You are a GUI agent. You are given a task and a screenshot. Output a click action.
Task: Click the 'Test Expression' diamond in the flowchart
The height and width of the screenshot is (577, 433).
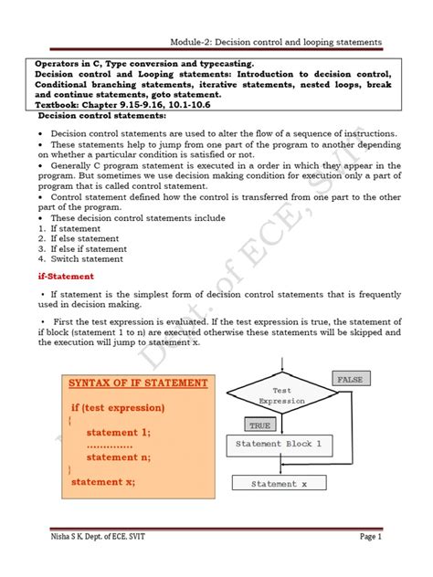click(281, 395)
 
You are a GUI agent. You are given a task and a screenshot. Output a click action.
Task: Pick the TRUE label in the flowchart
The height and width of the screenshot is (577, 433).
click(261, 425)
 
